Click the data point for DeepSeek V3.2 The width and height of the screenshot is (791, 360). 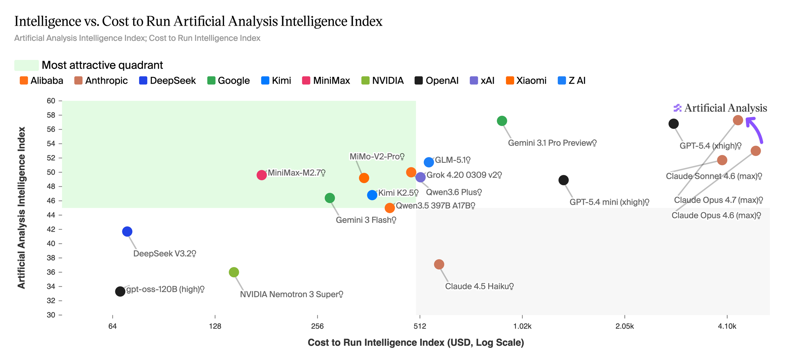(127, 231)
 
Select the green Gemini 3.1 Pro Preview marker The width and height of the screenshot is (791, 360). (502, 121)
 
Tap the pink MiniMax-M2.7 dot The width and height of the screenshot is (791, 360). (262, 175)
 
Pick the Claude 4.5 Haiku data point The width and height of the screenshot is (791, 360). (439, 264)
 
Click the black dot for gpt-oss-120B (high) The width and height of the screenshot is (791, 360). (120, 291)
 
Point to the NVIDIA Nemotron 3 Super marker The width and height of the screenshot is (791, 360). (234, 272)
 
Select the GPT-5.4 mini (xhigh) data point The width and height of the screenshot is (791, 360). (564, 180)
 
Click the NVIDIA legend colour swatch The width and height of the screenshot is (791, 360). (366, 81)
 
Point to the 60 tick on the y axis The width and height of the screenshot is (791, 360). (51, 101)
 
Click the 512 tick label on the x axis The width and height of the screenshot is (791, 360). (420, 326)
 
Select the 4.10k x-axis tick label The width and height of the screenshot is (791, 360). (727, 326)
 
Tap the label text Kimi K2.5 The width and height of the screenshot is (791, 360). (396, 193)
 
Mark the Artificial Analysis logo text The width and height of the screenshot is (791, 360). (725, 108)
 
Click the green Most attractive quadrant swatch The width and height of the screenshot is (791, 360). (26, 65)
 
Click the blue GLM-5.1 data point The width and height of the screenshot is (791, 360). (429, 162)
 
